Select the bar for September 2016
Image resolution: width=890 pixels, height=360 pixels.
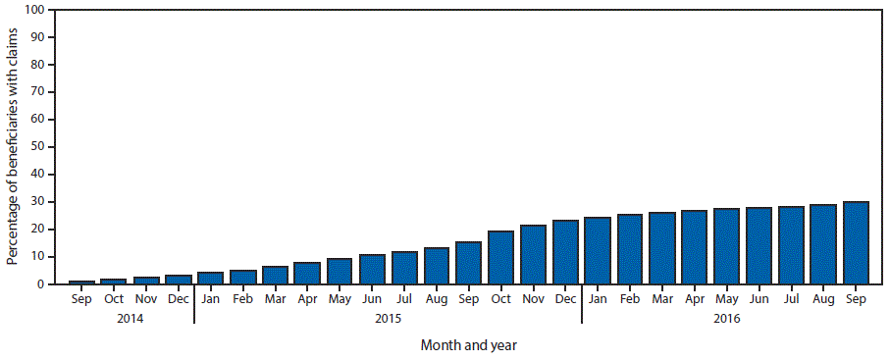[x=856, y=243]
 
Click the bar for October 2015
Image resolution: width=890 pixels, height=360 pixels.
[x=500, y=258]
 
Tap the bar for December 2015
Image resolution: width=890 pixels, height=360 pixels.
[x=565, y=252]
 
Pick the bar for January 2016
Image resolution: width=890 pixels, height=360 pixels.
[x=598, y=251]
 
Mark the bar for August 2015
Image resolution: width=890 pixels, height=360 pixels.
[x=436, y=266]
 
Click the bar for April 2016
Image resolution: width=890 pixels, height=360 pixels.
[x=694, y=247]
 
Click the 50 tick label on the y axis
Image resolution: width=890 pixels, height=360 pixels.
[x=38, y=147]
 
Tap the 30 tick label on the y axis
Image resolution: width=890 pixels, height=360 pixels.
[x=38, y=202]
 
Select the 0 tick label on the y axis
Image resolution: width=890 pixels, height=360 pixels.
[x=41, y=284]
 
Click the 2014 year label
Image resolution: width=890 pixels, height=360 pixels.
[x=130, y=318]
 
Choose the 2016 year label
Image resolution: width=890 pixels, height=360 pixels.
[x=726, y=318]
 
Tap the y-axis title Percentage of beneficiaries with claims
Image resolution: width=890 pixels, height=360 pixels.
[x=13, y=147]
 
